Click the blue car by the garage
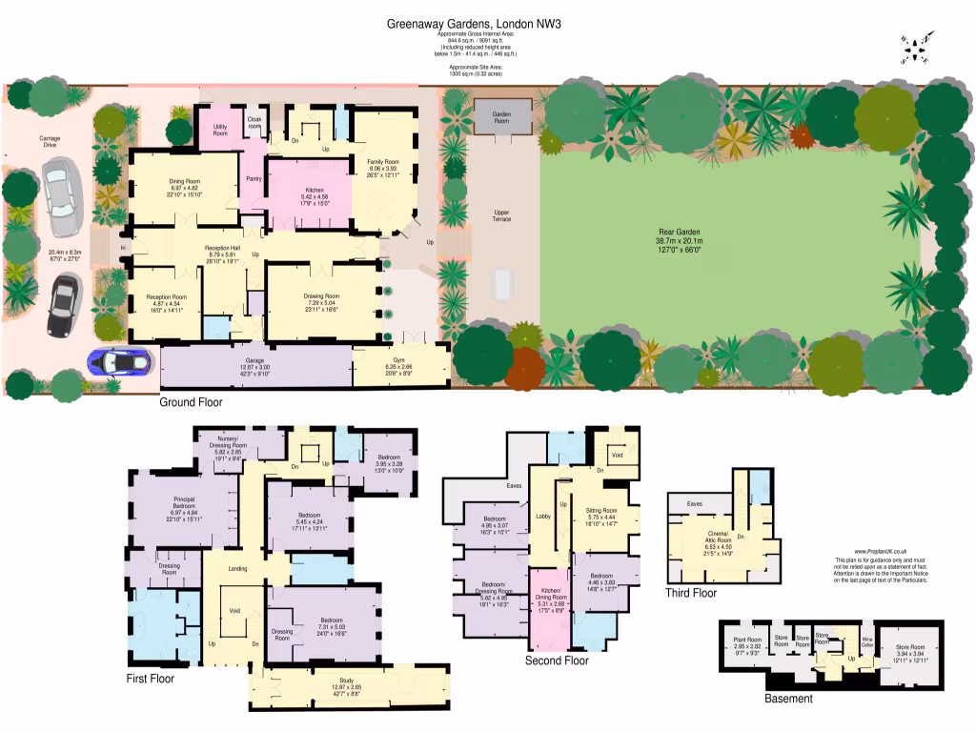click(x=120, y=363)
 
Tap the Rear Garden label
click(x=679, y=236)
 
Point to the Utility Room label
click(x=220, y=131)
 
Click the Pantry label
click(x=254, y=179)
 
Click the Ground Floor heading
click(x=191, y=402)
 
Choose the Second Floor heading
click(x=557, y=660)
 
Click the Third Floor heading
click(x=691, y=593)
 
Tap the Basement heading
click(x=788, y=699)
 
